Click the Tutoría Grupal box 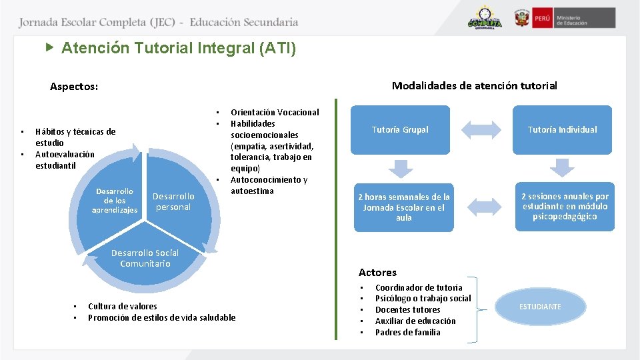click(x=400, y=129)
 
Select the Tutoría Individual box click(x=563, y=129)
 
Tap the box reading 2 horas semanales click(x=403, y=207)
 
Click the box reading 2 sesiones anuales click(x=565, y=207)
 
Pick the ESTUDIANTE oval click(x=540, y=307)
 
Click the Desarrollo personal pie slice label click(x=173, y=201)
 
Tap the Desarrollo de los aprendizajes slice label click(x=115, y=201)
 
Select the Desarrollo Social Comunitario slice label click(x=145, y=258)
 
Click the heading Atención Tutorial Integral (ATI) click(x=179, y=49)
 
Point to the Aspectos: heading click(x=74, y=87)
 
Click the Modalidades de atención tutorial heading click(x=474, y=85)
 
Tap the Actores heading click(x=377, y=272)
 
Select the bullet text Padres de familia click(x=407, y=332)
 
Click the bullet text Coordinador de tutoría click(x=419, y=287)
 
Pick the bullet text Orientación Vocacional click(x=275, y=112)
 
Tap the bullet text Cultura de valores click(x=123, y=306)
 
